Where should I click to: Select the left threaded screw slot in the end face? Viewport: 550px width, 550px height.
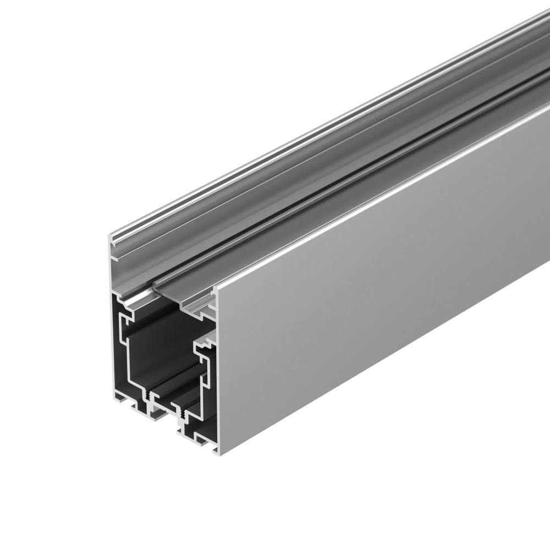tap(148, 396)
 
